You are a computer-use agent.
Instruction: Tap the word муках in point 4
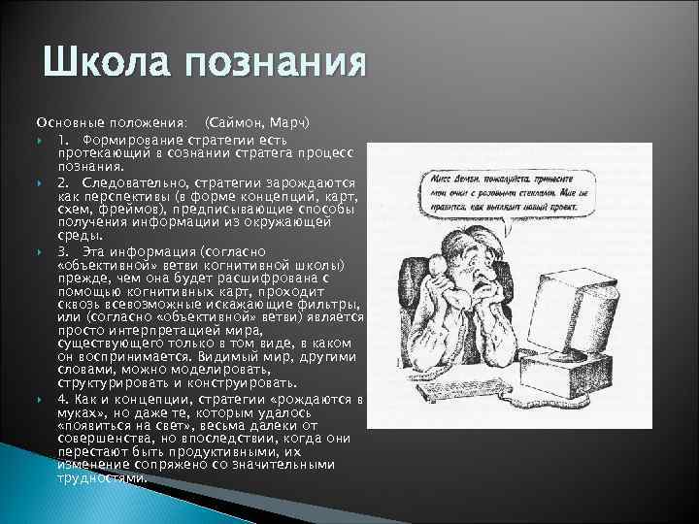79,411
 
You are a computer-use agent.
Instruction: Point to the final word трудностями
101,477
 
